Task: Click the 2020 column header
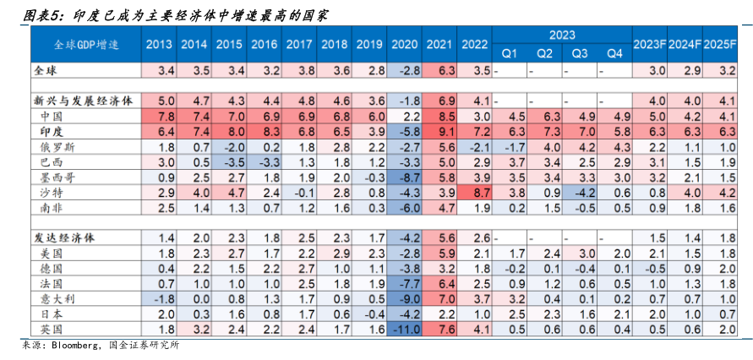point(405,44)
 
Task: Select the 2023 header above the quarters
point(562,35)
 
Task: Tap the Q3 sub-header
point(580,53)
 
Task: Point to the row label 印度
point(52,131)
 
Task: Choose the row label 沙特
point(52,192)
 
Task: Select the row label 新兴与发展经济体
point(78,100)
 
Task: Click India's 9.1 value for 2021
point(439,131)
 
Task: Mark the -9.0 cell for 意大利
point(405,297)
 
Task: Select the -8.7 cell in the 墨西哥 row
point(405,177)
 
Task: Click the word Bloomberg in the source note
point(75,346)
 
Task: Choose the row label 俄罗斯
point(57,146)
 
